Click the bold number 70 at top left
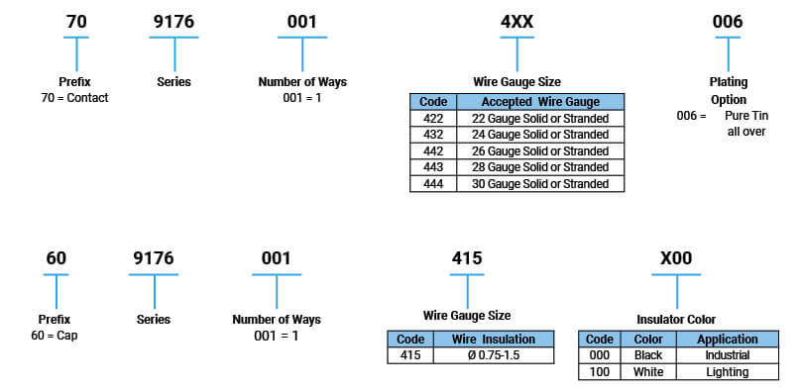point(77,21)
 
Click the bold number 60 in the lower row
point(57,258)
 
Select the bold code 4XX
point(516,21)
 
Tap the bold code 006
point(728,21)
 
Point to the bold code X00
point(676,259)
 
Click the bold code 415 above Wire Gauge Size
point(467,258)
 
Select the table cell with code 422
point(432,119)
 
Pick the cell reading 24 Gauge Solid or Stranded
point(540,135)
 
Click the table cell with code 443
point(432,167)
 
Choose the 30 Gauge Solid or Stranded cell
point(540,183)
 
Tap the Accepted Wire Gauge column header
point(540,102)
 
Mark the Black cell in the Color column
point(647,355)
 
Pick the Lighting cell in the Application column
point(728,371)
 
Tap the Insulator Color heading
point(676,319)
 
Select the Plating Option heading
point(728,91)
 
